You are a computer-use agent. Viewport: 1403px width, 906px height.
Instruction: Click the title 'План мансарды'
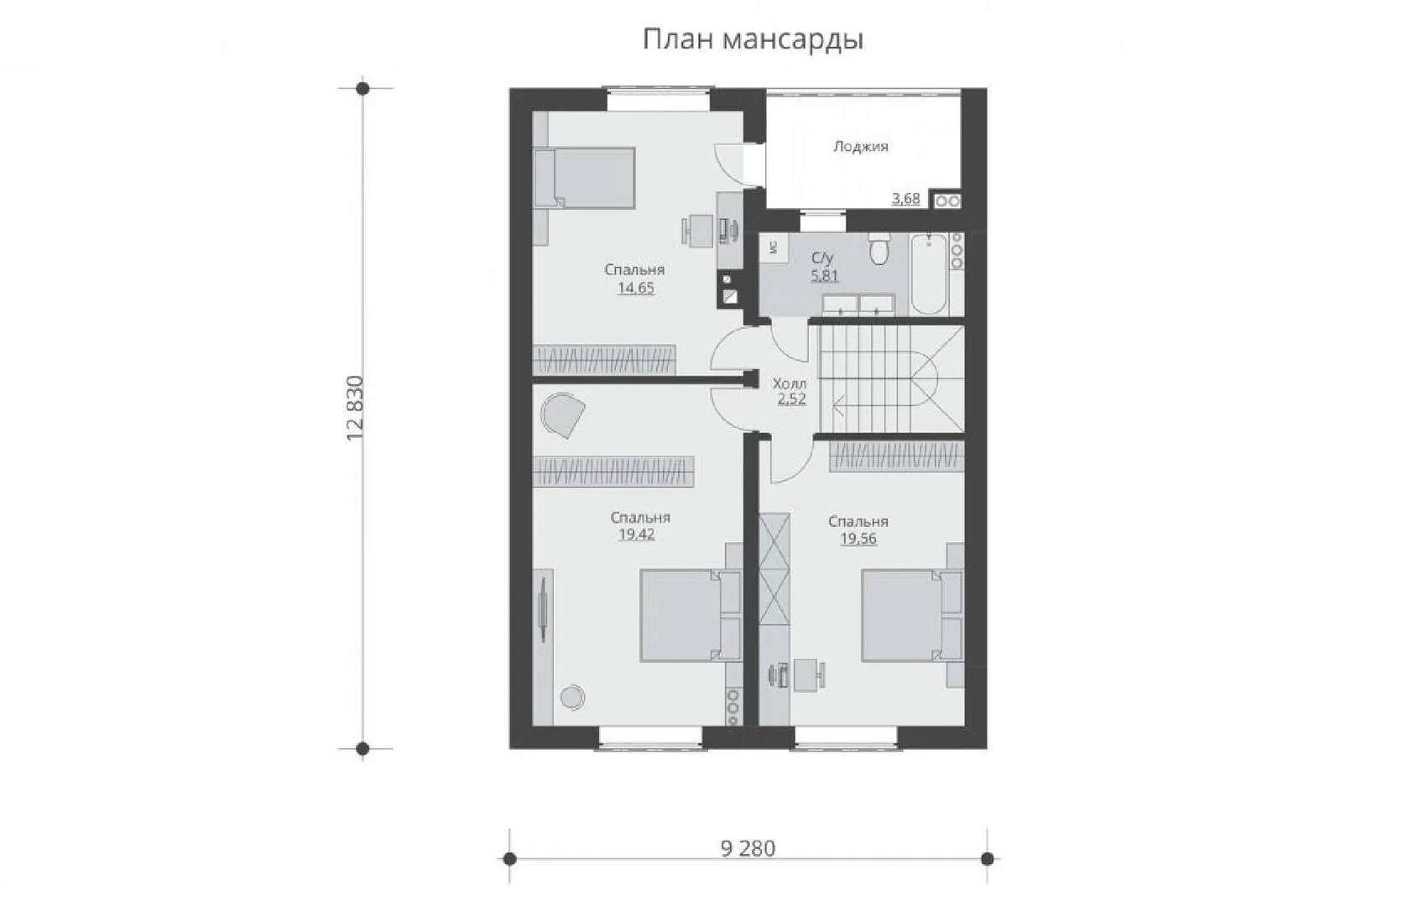click(x=753, y=39)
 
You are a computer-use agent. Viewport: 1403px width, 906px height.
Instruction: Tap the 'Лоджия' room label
click(x=861, y=147)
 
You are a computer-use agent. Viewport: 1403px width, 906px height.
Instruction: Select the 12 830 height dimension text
click(x=354, y=409)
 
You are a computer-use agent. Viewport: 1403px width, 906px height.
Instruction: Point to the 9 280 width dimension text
click(x=748, y=848)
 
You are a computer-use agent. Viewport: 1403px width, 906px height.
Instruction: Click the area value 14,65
click(x=636, y=288)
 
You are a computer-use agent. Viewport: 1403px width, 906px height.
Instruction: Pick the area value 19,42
click(x=637, y=534)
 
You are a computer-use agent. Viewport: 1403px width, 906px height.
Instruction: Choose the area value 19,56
click(x=858, y=539)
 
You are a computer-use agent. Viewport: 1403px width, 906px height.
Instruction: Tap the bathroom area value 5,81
click(x=824, y=275)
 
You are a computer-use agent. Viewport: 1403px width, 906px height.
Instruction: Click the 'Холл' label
click(x=790, y=383)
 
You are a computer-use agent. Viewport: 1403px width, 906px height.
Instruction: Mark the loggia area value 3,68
click(x=905, y=199)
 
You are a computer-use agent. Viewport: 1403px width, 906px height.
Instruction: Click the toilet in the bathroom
click(x=879, y=248)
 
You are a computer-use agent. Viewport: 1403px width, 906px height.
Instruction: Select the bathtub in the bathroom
click(x=929, y=273)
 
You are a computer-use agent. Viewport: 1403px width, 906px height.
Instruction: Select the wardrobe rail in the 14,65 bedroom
click(x=604, y=360)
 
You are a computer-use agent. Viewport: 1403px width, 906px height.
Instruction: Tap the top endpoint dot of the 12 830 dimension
click(x=362, y=88)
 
